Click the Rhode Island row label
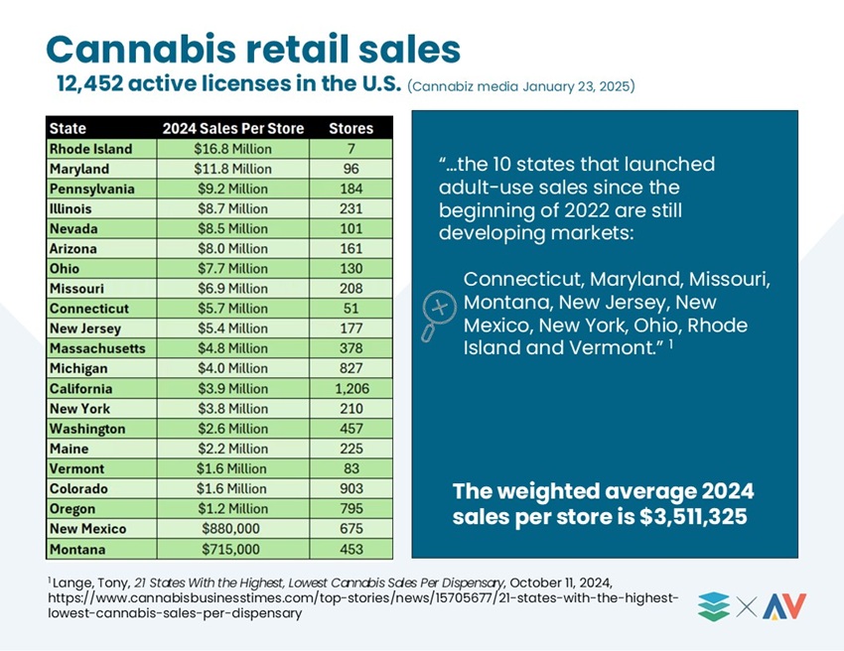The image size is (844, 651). pos(90,149)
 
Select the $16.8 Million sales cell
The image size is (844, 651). pos(232,149)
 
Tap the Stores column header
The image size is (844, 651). pos(351,129)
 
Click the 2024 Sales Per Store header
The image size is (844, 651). pos(233,129)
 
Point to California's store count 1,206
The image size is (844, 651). pos(352,388)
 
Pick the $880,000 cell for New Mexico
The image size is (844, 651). pos(230,529)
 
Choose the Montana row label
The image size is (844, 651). pos(77,550)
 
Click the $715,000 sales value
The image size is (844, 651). pos(230,550)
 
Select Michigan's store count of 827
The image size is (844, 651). pos(351,368)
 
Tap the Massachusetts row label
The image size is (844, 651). pos(97,348)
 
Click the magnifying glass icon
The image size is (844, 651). pos(438,316)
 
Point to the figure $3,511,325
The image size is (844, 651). pos(693,516)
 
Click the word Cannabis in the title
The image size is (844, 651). pos(141,49)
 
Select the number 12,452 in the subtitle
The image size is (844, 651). pos(90,83)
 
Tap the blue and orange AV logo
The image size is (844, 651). pos(784,605)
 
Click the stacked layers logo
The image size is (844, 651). pos(714,606)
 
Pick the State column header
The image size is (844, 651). pos(68,129)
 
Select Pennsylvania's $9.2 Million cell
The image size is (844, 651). pos(232,189)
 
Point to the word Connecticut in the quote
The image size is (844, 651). pos(523,279)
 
